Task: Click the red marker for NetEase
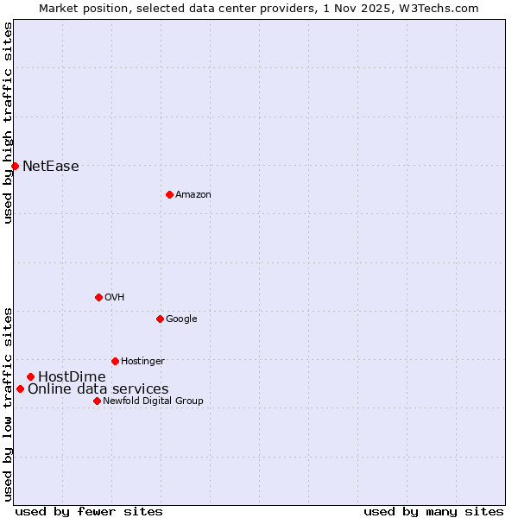click(15, 166)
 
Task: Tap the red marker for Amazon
click(169, 194)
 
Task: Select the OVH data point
click(98, 297)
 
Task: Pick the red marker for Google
click(160, 319)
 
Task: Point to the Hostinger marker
click(115, 361)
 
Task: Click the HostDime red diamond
click(30, 376)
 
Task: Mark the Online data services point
click(20, 388)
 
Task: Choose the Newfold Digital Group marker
click(97, 401)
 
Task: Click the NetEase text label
click(51, 167)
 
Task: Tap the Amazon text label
click(193, 195)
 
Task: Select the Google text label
click(181, 319)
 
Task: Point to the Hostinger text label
click(142, 361)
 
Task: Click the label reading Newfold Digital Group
click(153, 401)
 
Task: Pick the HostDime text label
click(72, 377)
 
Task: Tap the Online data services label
click(98, 389)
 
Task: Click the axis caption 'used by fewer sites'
click(89, 511)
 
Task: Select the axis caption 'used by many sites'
click(433, 511)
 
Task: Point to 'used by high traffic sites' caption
click(8, 123)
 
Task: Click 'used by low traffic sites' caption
click(8, 403)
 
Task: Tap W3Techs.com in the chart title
click(442, 9)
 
